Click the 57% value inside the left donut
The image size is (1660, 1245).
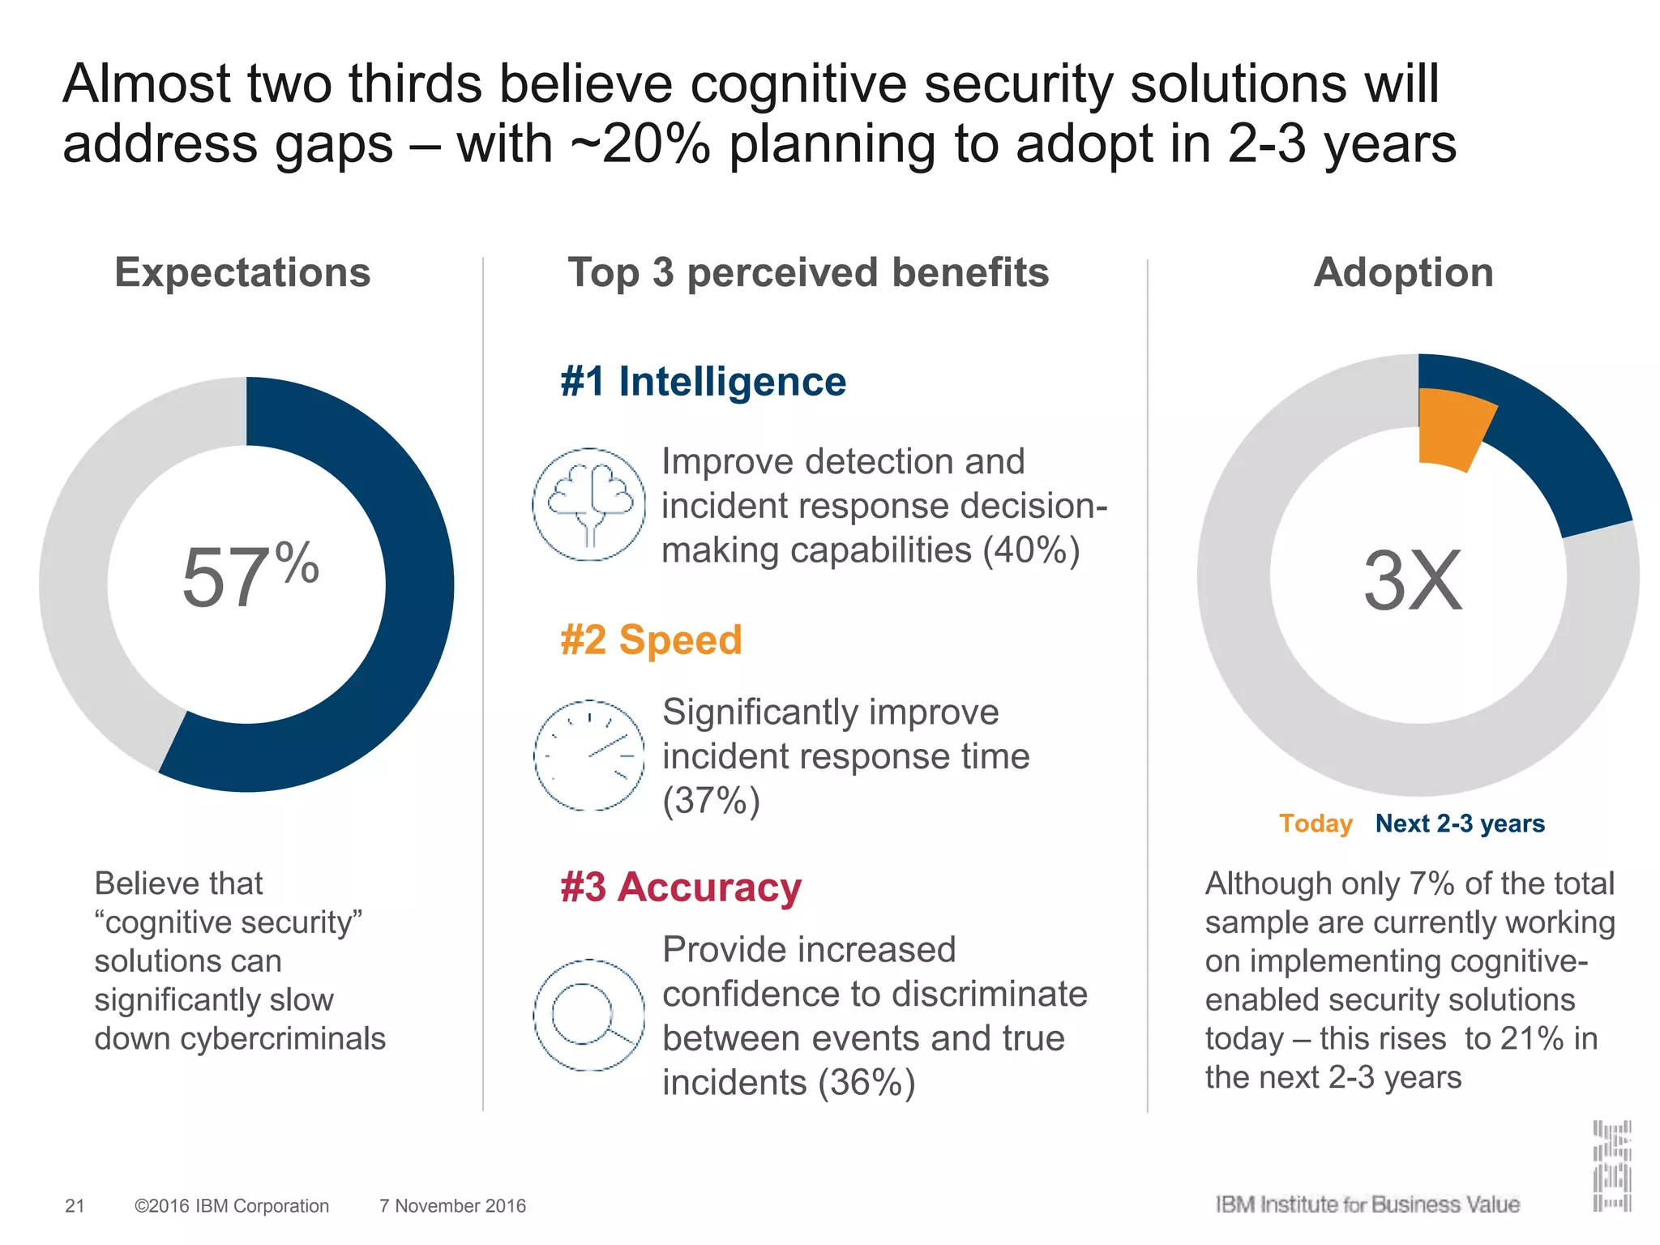point(250,577)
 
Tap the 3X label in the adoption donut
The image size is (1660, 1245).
point(1413,580)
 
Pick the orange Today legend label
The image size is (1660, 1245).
point(1315,824)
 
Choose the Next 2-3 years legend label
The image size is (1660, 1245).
point(1460,824)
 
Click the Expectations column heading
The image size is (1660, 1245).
point(242,272)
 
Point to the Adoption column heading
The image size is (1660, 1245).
point(1403,272)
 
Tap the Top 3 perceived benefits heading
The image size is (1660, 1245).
point(807,272)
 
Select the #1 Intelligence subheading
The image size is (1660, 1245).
point(703,381)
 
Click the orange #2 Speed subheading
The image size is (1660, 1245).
point(651,640)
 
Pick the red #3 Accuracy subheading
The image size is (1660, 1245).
point(680,887)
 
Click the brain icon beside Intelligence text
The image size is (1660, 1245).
point(589,504)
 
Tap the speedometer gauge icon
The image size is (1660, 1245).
point(589,755)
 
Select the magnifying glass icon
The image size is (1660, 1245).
point(589,1015)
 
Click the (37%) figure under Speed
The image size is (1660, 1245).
point(711,801)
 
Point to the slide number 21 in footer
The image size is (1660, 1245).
point(75,1206)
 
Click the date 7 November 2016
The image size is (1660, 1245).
point(452,1206)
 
